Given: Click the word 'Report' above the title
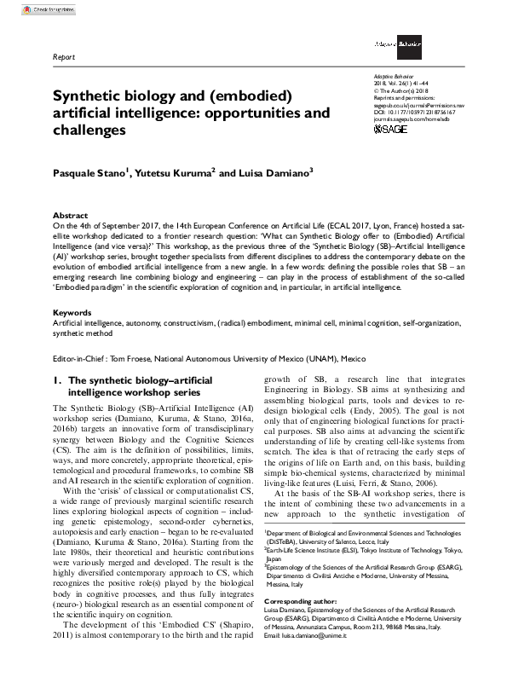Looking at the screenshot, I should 64,58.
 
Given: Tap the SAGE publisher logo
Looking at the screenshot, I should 391,129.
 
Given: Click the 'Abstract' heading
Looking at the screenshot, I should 70,216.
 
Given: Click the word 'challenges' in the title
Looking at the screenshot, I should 89,131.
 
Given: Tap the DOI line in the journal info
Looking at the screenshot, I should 414,111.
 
